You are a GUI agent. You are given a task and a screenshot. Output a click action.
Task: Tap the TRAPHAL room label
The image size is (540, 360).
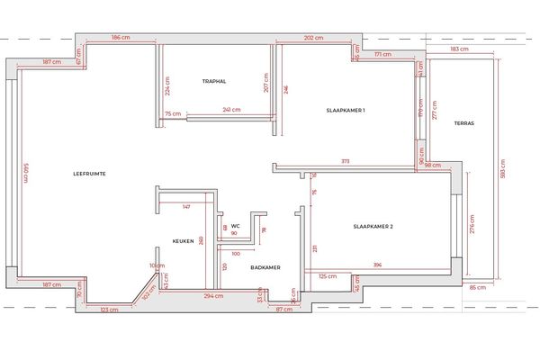click(214, 81)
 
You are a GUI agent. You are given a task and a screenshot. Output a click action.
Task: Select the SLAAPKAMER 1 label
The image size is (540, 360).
click(346, 110)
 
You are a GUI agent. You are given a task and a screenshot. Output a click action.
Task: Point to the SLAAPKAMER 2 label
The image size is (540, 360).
click(373, 227)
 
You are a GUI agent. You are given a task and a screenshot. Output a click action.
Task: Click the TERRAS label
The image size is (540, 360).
click(464, 122)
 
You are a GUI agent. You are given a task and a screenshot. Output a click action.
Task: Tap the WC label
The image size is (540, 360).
click(235, 225)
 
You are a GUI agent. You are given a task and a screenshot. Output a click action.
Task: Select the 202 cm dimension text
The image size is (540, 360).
click(314, 38)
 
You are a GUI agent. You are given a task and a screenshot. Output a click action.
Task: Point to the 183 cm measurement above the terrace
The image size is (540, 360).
click(459, 49)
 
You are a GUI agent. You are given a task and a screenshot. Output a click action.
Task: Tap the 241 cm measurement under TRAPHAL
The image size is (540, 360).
click(231, 111)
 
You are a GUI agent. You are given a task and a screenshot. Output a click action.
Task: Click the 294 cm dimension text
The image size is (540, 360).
click(212, 295)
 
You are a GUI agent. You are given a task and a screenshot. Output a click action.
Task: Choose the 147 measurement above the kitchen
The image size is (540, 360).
click(186, 207)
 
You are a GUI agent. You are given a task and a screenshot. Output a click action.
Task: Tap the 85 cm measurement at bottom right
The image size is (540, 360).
click(477, 287)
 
